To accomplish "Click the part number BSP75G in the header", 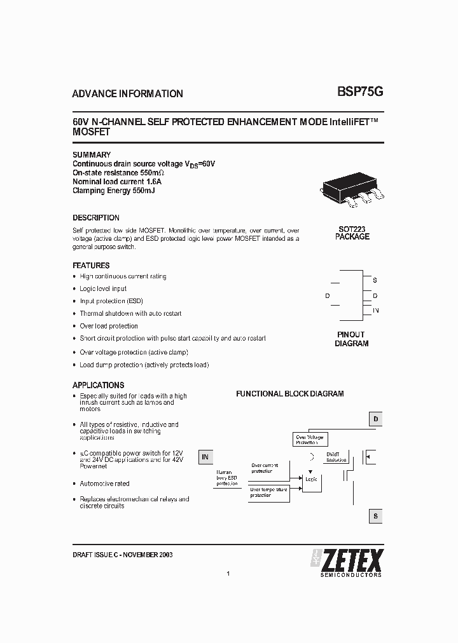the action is (359, 92).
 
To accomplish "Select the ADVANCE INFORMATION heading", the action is (127, 93).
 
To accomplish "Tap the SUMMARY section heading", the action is (92, 154).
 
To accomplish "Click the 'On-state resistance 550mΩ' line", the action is (118, 173).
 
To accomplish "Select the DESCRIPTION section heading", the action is (96, 217).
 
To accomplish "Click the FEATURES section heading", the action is (91, 265).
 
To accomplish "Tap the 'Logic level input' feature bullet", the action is (103, 288).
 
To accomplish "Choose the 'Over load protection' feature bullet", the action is (109, 326).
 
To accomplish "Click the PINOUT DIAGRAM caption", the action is (351, 339).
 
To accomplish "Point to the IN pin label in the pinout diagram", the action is (376, 310).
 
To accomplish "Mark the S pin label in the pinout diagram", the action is (375, 280).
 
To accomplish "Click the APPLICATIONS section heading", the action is (99, 385).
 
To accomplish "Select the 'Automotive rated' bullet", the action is (104, 484).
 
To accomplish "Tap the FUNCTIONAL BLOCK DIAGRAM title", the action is (290, 394).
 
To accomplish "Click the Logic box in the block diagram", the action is (311, 480).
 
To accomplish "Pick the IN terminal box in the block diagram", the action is (205, 456).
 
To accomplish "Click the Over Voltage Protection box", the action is (310, 440).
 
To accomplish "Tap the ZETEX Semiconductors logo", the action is (347, 561).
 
